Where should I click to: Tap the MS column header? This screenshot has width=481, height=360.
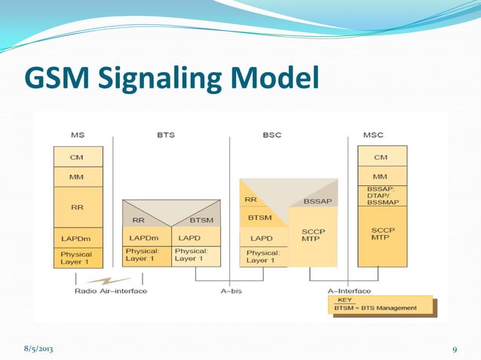click(78, 135)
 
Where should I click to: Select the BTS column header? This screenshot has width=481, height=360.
click(166, 135)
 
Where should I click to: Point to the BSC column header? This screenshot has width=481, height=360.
click(272, 135)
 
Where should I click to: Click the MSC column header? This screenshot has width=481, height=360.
click(372, 135)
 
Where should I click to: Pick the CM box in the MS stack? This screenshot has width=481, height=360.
click(77, 157)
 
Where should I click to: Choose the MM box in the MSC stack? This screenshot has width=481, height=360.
click(381, 176)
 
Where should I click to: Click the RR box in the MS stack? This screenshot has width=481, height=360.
click(77, 208)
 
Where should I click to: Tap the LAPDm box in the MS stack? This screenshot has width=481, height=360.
click(77, 238)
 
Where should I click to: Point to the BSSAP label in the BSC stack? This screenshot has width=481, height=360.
click(317, 201)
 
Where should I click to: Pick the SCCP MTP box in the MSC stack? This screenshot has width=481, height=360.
click(382, 234)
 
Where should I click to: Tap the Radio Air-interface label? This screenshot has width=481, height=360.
click(111, 291)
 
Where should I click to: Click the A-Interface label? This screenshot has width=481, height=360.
click(349, 291)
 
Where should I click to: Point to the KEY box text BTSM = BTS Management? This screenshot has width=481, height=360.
click(375, 308)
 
